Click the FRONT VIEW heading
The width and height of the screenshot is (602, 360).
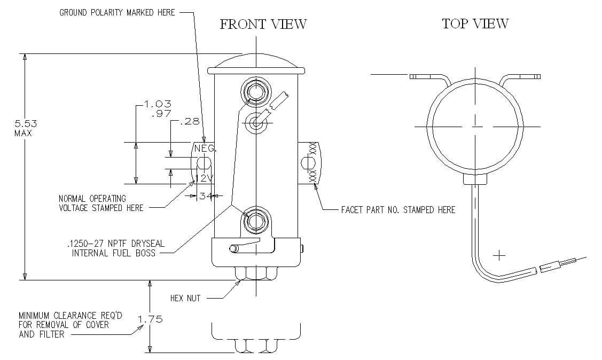(x=263, y=25)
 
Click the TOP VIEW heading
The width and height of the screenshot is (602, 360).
(x=475, y=24)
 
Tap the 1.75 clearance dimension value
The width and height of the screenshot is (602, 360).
(x=150, y=319)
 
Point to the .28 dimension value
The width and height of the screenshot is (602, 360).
(x=190, y=122)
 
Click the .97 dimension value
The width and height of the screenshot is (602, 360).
(x=161, y=113)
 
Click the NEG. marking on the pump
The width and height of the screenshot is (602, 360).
(x=205, y=148)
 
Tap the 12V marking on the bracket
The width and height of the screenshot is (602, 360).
(x=204, y=178)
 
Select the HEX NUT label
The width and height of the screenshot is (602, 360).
(x=185, y=298)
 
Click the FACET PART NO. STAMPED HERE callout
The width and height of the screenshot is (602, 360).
(x=398, y=210)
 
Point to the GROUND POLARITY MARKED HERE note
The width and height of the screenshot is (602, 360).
(x=117, y=12)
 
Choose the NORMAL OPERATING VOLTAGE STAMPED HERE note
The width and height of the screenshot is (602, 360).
(x=101, y=203)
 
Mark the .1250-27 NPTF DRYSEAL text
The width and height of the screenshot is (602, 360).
(x=116, y=244)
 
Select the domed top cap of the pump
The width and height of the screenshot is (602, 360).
(x=256, y=64)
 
